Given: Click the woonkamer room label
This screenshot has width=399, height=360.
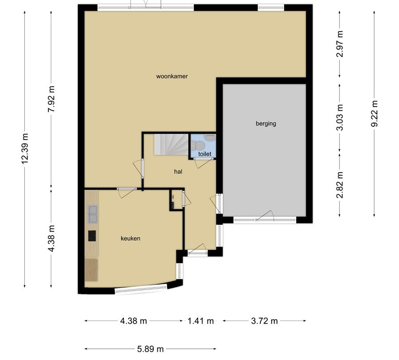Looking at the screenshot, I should click(172, 76).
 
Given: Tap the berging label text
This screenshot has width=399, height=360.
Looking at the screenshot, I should click(266, 124).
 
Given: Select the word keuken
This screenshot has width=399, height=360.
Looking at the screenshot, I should click(130, 238).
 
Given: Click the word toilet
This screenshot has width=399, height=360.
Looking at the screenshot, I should click(204, 154).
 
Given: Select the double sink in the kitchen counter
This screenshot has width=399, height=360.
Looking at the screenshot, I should click(93, 213).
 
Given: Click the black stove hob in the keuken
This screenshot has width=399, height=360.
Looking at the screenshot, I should click(92, 236).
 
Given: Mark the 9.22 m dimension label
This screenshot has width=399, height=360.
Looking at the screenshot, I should click(375, 113).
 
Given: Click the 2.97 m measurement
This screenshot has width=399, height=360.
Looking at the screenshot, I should click(340, 44).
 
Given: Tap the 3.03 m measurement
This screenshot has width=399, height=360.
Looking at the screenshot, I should click(340, 117).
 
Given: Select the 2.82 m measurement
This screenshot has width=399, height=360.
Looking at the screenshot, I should click(340, 184).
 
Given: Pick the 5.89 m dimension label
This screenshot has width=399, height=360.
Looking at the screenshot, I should click(150, 349).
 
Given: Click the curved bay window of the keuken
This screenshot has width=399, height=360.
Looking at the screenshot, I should click(141, 289).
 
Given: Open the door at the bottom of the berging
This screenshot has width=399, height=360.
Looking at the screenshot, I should click(265, 217).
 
